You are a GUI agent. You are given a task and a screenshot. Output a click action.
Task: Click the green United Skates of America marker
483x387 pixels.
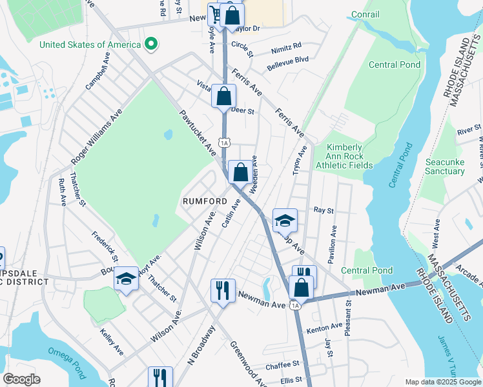[150, 45]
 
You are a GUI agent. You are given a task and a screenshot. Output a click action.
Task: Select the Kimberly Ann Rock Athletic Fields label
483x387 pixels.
[344, 156]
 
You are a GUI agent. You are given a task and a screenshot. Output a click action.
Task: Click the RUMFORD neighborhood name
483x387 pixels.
[205, 201]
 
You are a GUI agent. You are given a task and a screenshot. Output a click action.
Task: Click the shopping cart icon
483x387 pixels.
[214, 14]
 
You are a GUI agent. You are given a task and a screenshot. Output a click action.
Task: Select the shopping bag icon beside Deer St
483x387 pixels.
[223, 97]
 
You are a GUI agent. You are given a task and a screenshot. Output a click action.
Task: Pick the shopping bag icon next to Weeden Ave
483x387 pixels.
[240, 172]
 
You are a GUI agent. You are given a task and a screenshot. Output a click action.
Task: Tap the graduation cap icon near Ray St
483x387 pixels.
[285, 221]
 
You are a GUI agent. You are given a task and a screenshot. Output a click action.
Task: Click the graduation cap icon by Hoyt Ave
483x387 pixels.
[126, 279]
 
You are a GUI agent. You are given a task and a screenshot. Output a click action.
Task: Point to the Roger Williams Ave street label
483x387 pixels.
[96, 136]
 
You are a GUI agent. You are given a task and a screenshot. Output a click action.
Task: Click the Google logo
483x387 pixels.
[21, 379]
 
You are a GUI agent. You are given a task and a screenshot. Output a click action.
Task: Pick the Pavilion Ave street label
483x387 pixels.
[334, 244]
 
